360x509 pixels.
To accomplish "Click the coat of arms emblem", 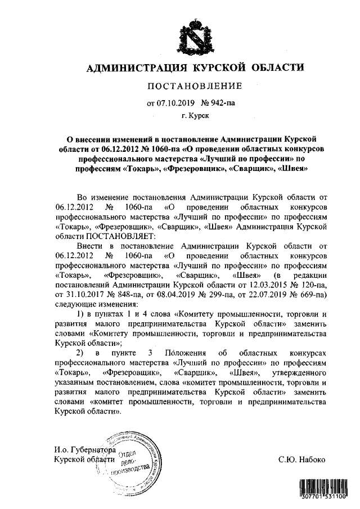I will click(x=187, y=35).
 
